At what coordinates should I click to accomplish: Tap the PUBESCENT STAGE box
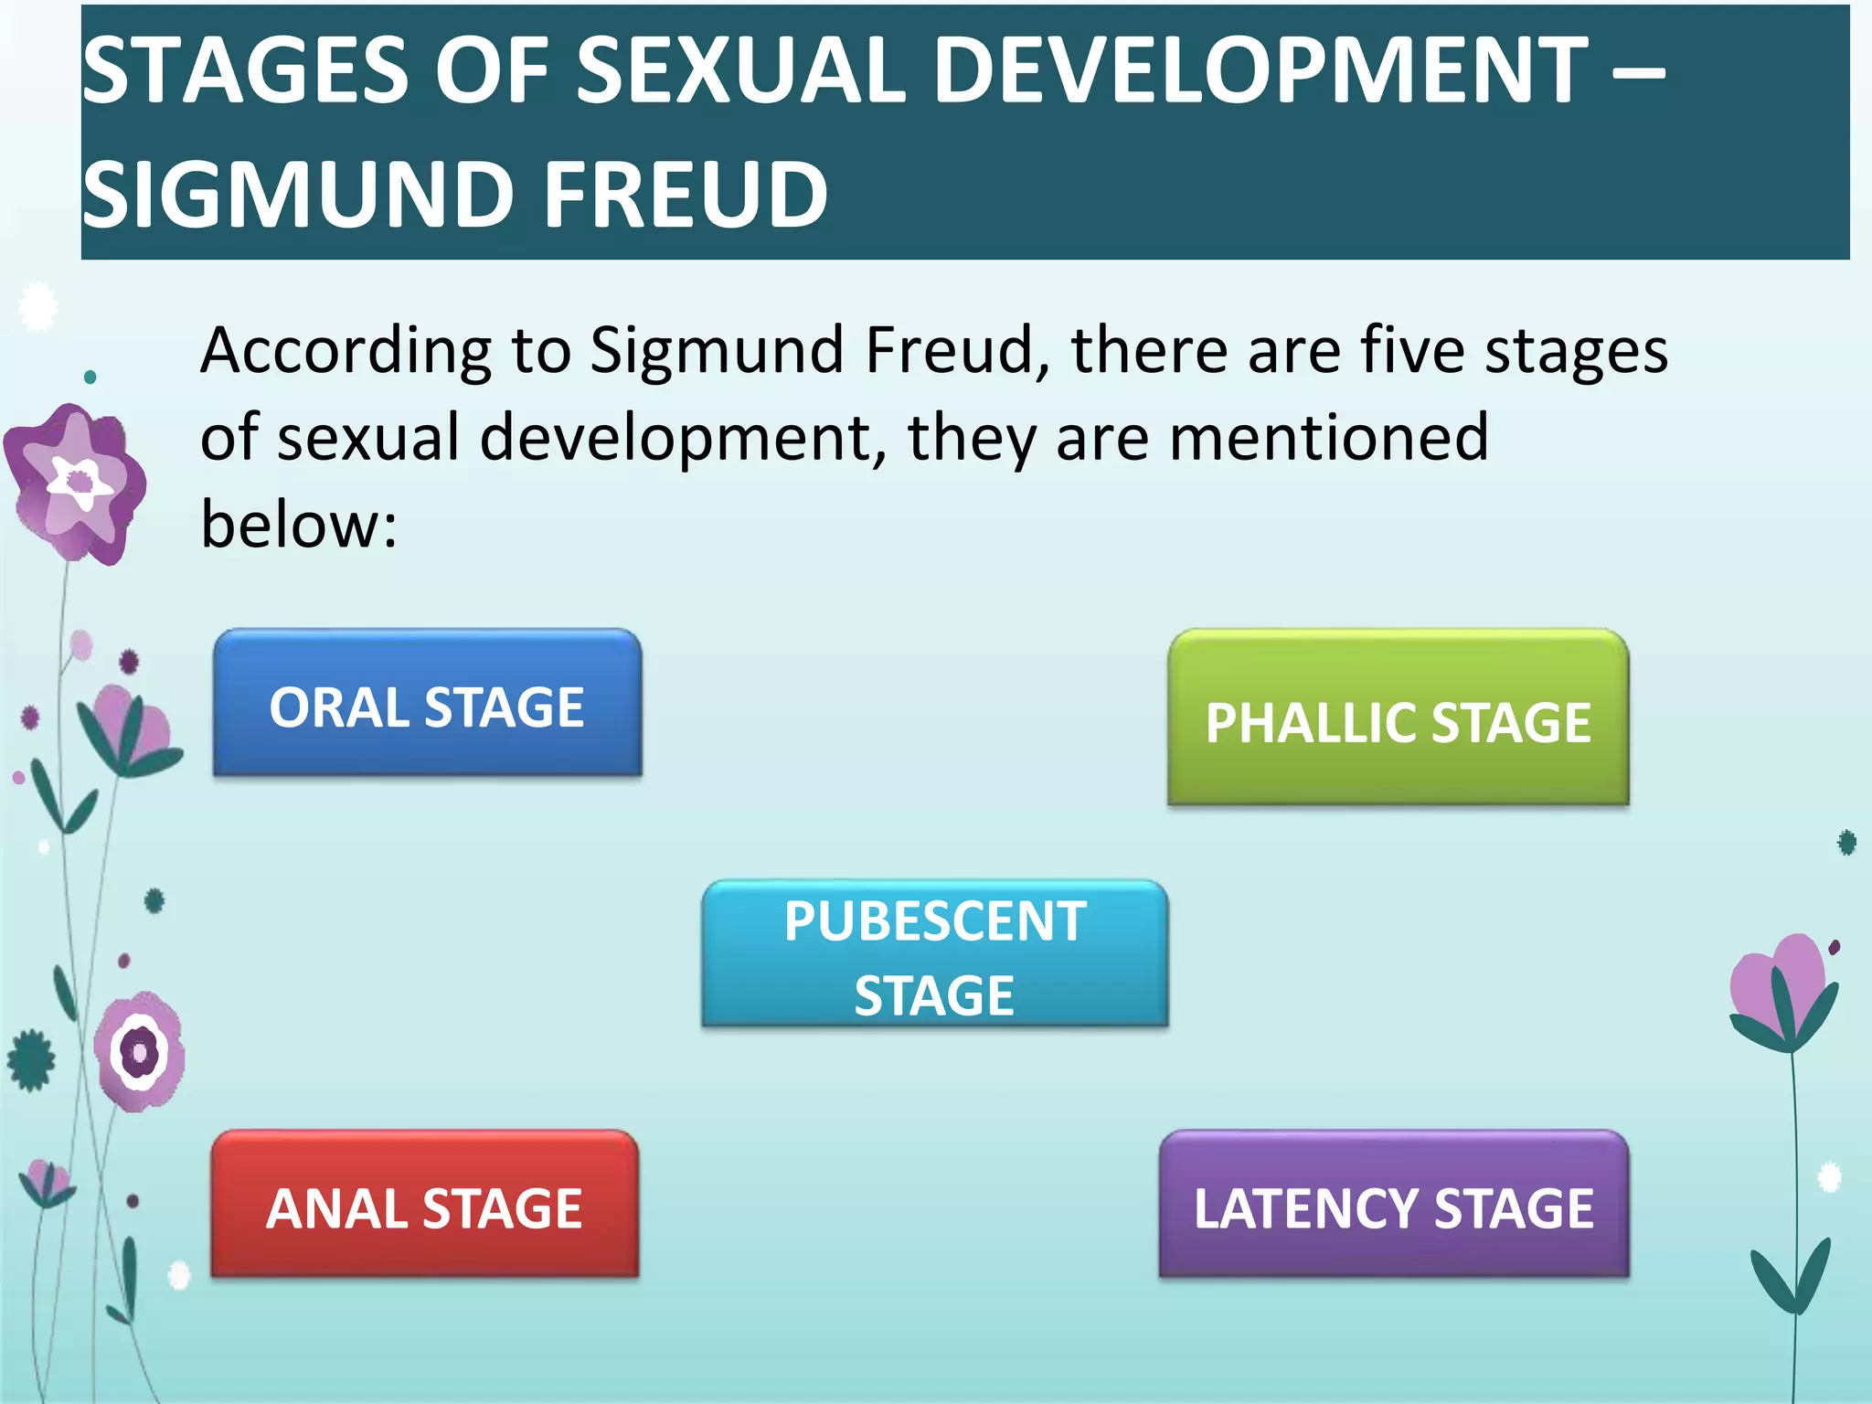click(934, 955)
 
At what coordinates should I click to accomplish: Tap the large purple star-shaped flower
click(75, 482)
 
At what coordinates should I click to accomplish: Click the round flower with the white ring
click(140, 1051)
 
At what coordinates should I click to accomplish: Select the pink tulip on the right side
click(1782, 992)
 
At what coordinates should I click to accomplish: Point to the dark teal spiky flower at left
click(31, 1060)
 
